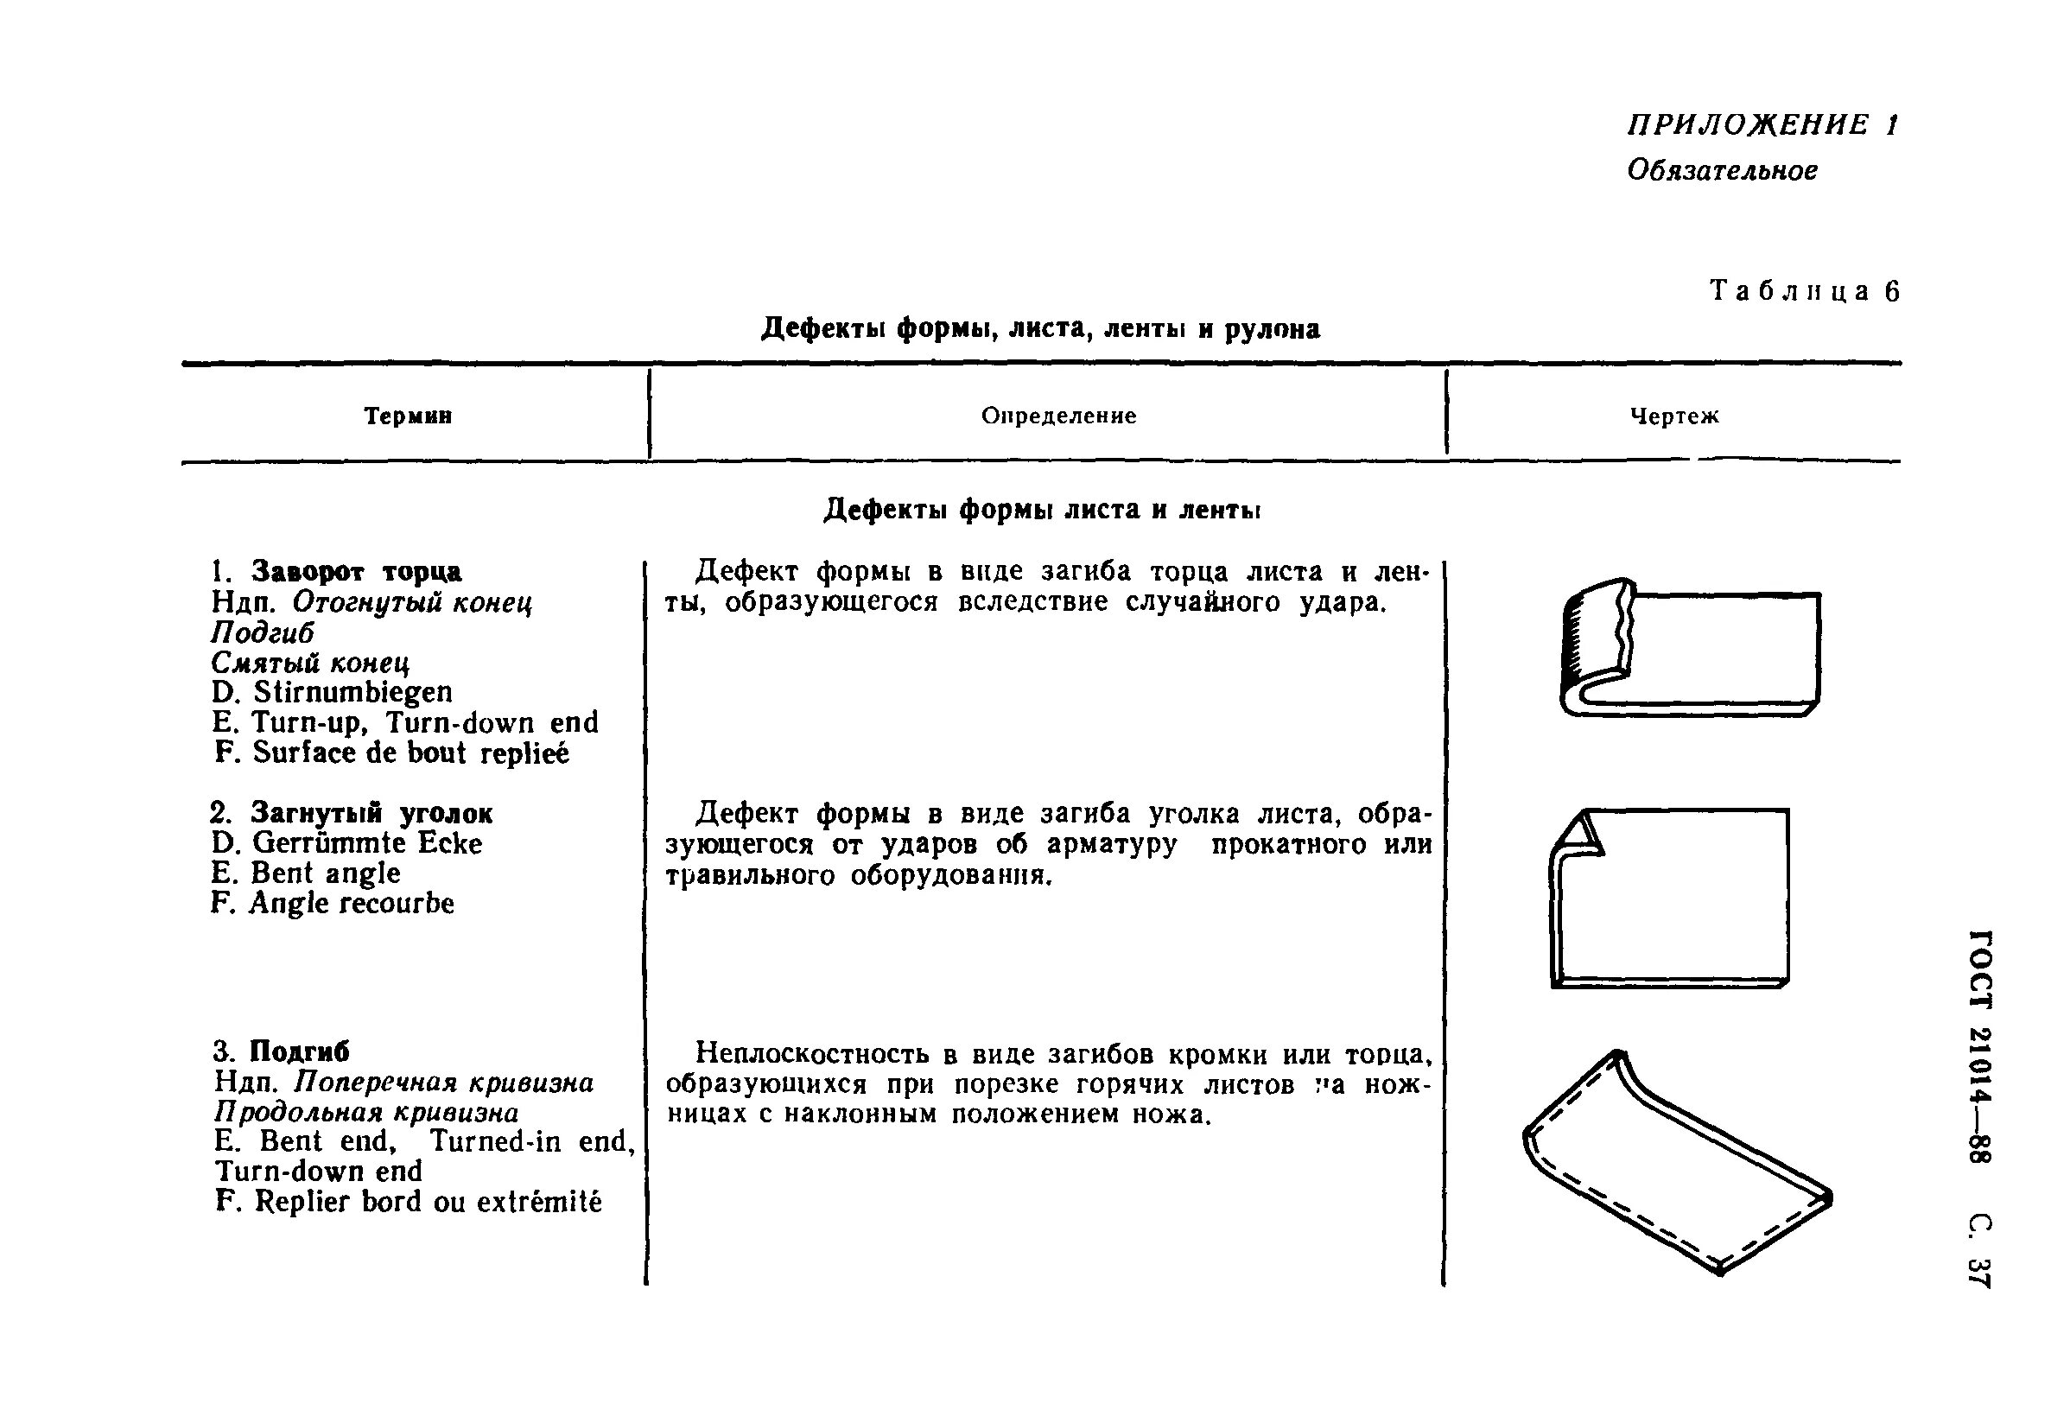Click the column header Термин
click(x=408, y=416)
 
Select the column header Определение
click(x=1058, y=416)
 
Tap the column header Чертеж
click(x=1673, y=416)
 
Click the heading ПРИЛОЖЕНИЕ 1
click(x=1762, y=124)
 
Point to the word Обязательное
click(x=1722, y=170)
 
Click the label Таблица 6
click(x=1805, y=291)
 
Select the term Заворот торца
click(x=356, y=571)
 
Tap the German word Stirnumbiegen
click(x=352, y=692)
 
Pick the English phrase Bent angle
click(x=325, y=873)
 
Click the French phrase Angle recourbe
click(x=351, y=903)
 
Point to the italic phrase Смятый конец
click(x=310, y=663)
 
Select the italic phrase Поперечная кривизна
click(x=443, y=1083)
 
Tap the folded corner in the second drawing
click(x=1579, y=835)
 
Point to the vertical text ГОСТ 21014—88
click(x=1979, y=1045)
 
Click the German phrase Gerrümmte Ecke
click(x=367, y=842)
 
